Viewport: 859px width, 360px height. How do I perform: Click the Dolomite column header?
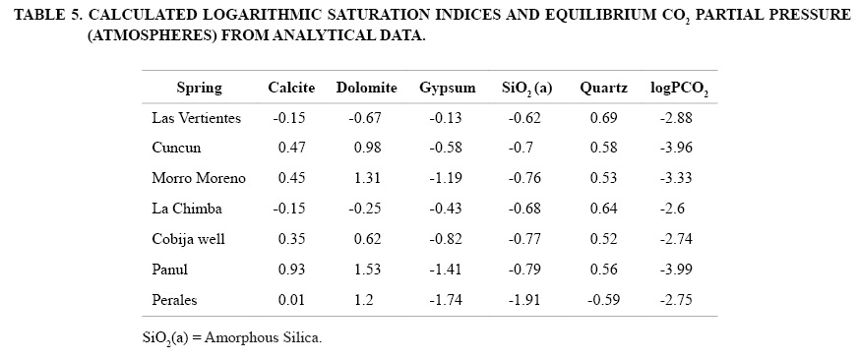click(x=366, y=89)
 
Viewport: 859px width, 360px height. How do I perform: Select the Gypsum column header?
click(x=448, y=89)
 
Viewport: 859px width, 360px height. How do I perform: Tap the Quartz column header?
click(x=604, y=89)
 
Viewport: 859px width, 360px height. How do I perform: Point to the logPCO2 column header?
click(x=679, y=89)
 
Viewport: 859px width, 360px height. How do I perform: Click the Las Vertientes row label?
click(x=196, y=118)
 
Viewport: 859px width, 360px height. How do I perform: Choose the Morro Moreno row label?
click(x=199, y=178)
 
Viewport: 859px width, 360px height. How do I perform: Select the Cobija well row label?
click(x=189, y=239)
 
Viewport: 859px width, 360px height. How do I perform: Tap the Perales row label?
click(x=174, y=300)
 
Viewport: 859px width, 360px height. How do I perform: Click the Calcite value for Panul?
click(x=291, y=270)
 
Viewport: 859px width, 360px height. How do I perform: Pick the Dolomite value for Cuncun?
click(x=368, y=148)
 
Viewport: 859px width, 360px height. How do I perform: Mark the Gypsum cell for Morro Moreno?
click(x=446, y=178)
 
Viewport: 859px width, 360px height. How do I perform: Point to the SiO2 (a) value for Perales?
click(x=524, y=300)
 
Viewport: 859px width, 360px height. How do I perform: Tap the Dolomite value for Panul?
click(x=368, y=270)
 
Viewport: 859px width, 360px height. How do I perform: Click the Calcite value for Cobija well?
click(x=291, y=239)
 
